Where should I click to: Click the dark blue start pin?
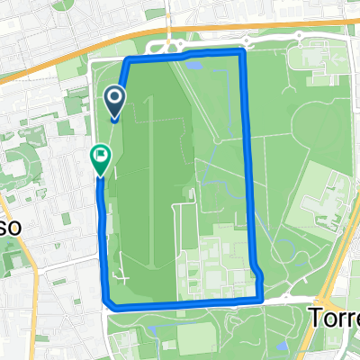tap(116, 98)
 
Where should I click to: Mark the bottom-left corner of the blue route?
tap(108, 303)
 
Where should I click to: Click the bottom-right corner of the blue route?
tap(261, 296)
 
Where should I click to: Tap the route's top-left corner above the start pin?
tap(126, 60)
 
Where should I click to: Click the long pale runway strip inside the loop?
tap(152, 180)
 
